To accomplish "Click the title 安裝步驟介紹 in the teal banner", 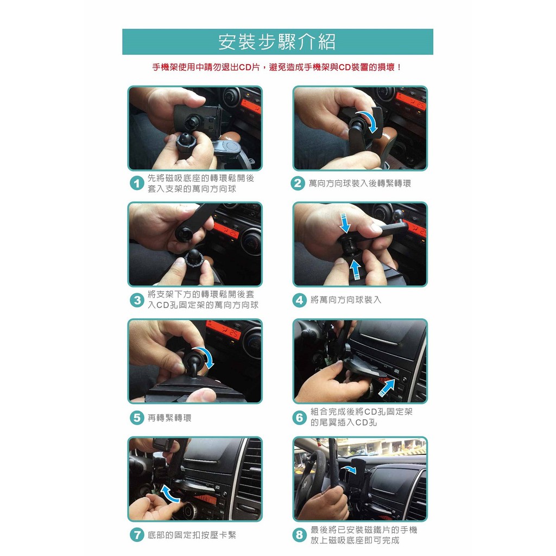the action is point(277,42).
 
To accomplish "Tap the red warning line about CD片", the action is point(277,67).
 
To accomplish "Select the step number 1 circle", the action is point(137,184).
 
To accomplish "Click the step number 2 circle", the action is point(298,184).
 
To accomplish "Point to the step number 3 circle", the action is point(137,300).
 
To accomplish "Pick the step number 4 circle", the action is point(299,300).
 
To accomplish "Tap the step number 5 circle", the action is point(137,418).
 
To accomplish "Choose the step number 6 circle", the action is point(299,418).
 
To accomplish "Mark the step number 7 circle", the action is point(137,535).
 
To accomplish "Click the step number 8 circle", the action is point(299,535).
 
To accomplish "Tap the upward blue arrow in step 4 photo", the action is point(355,269).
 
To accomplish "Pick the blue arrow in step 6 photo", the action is point(387,387).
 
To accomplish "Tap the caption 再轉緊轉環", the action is point(169,418).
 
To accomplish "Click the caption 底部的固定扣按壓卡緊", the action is point(192,535).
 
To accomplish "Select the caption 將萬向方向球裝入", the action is point(346,300).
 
